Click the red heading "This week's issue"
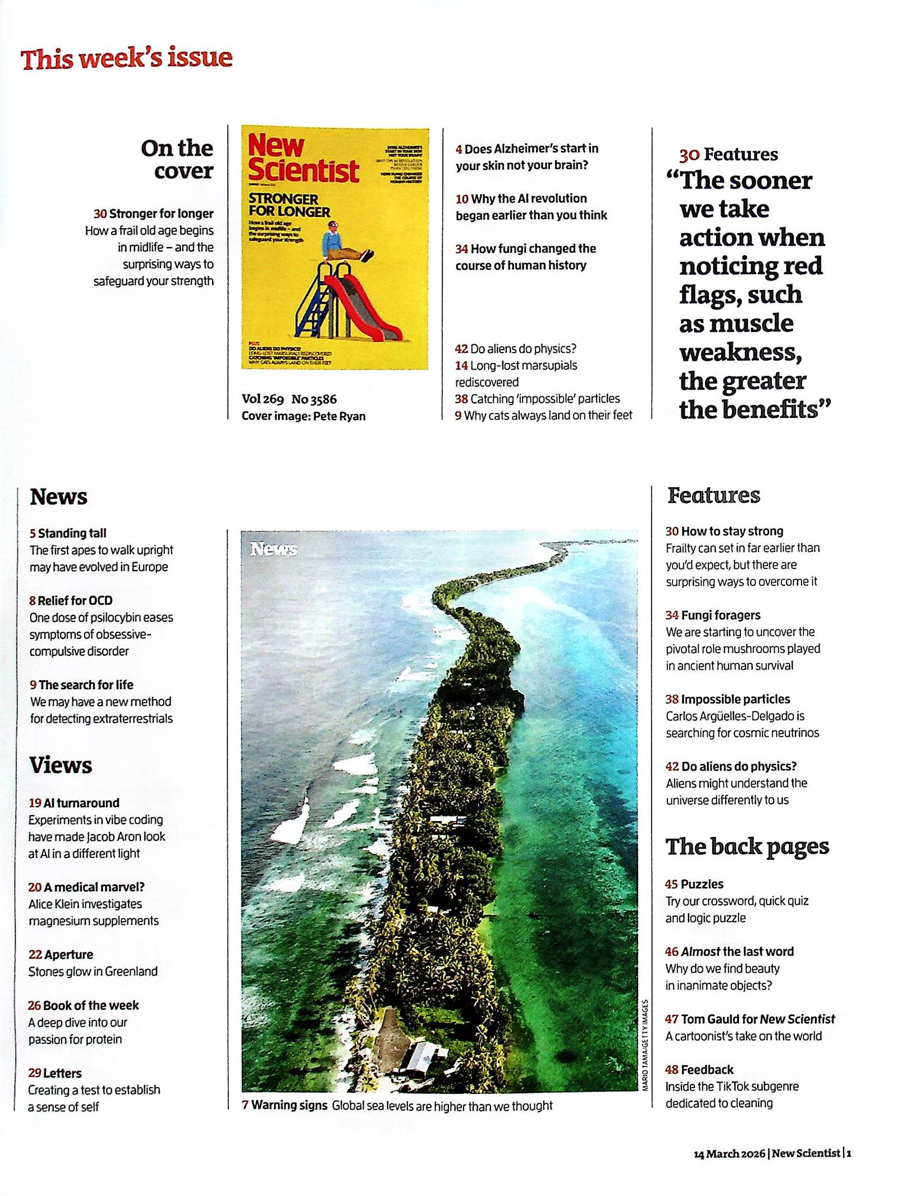(x=126, y=58)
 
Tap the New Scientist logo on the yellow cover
(x=303, y=159)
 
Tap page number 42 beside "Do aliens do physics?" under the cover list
(x=461, y=349)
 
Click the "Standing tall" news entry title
(x=72, y=533)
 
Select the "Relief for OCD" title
(x=75, y=601)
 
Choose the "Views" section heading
(x=61, y=765)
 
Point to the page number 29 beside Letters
(x=35, y=1073)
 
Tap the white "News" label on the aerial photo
(x=273, y=549)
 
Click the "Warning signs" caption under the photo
(x=289, y=1105)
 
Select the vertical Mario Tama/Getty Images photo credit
(x=645, y=1044)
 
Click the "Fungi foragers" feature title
(x=721, y=615)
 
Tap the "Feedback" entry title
(x=707, y=1070)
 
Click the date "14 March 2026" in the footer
(x=729, y=1154)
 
